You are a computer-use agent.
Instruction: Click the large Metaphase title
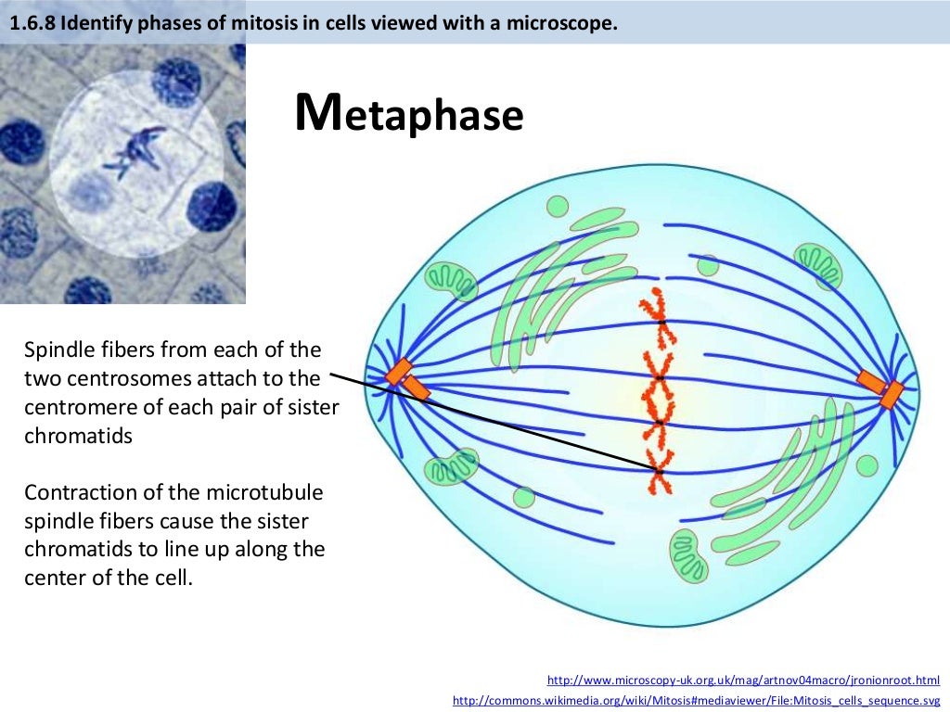click(x=409, y=115)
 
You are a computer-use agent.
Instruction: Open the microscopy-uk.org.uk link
click(x=743, y=680)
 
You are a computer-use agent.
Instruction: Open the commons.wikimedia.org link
click(x=696, y=700)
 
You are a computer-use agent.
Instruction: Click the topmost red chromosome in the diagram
click(x=656, y=315)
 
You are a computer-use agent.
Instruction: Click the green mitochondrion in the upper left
click(x=451, y=281)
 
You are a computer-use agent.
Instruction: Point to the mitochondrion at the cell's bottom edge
click(x=687, y=557)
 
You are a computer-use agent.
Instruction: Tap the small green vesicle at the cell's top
click(x=558, y=206)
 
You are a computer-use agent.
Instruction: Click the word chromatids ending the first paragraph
click(x=78, y=436)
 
